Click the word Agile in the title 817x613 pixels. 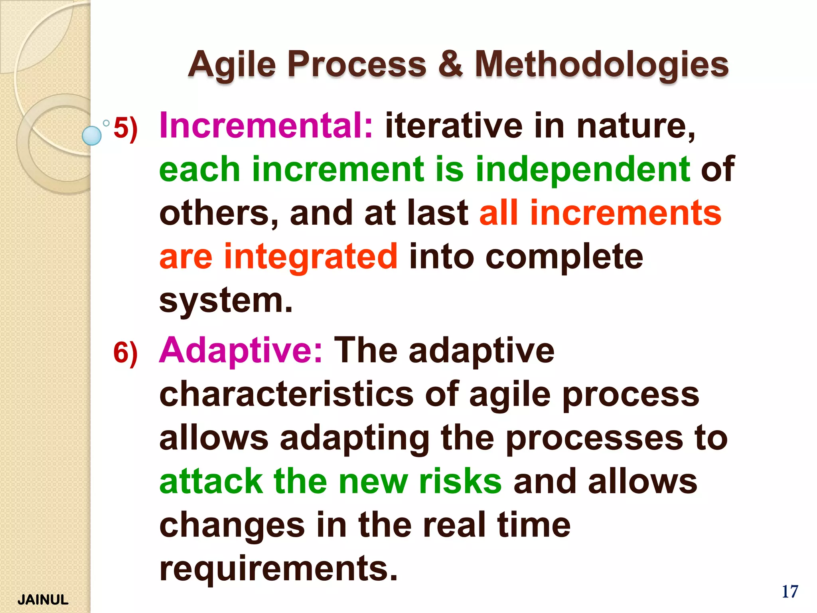[232, 65]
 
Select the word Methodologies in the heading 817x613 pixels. [601, 65]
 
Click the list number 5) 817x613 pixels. [126, 129]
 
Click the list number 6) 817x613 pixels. [126, 353]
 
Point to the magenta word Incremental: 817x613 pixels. [266, 126]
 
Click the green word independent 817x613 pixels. [583, 169]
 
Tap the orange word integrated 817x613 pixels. [311, 256]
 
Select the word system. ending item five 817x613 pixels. [226, 300]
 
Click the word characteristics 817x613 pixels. [286, 394]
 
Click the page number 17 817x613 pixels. [789, 592]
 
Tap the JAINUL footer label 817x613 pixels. [43, 600]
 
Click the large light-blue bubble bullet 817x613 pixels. [92, 135]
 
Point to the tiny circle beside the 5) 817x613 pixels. [106, 123]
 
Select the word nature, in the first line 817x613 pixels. [636, 127]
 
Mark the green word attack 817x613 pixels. [211, 481]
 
